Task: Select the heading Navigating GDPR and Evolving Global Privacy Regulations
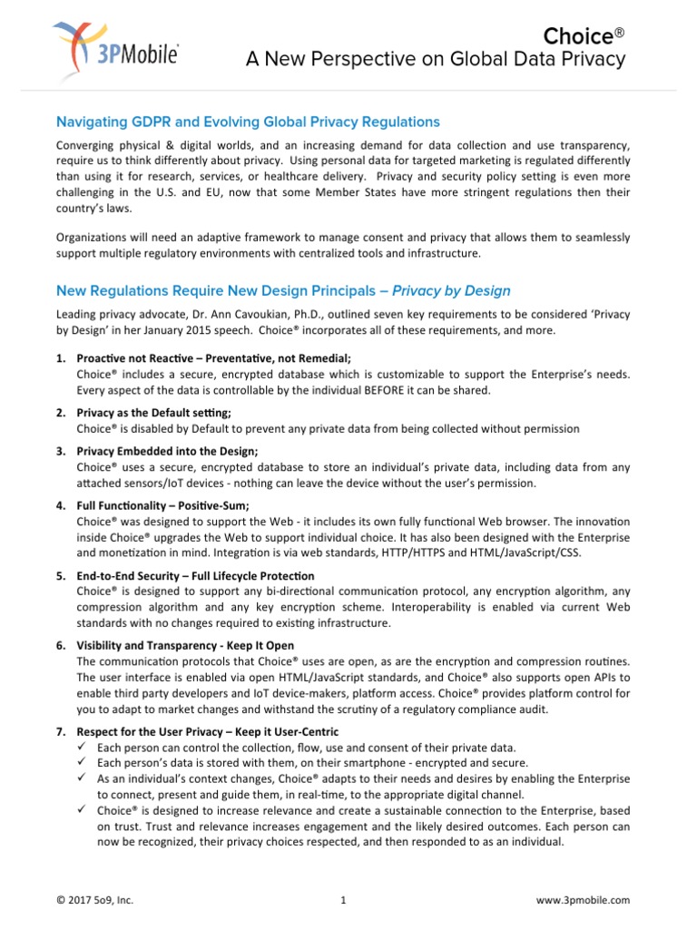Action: tap(248, 122)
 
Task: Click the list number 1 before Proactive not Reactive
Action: tap(60, 358)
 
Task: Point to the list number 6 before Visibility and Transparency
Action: tap(60, 646)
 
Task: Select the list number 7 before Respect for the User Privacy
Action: tap(60, 731)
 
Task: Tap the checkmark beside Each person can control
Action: tap(82, 747)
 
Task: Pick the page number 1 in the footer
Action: tap(344, 900)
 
